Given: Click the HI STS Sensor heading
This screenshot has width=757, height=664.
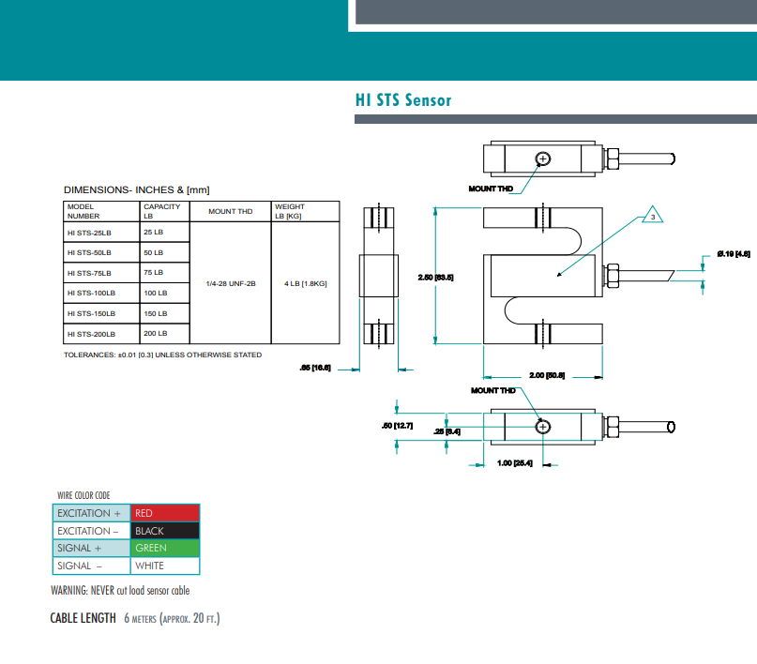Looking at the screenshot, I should [x=403, y=100].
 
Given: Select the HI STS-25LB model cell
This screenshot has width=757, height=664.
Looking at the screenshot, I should [x=89, y=232].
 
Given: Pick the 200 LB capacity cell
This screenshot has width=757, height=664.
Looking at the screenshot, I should [x=156, y=334].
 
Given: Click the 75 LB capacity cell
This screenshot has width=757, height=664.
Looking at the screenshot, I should [x=154, y=273].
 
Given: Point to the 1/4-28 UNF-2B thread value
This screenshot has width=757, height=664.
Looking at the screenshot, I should [x=230, y=283].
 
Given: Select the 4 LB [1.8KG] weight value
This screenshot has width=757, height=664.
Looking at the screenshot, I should [x=305, y=283].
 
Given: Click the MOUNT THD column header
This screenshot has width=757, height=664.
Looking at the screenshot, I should [x=230, y=212].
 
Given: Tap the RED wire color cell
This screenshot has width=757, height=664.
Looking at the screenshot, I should [x=164, y=513].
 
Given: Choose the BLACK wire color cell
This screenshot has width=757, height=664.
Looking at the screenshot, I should [x=164, y=531].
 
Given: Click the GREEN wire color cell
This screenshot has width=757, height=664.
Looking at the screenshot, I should [x=164, y=549].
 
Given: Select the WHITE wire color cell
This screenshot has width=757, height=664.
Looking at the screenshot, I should [x=164, y=566].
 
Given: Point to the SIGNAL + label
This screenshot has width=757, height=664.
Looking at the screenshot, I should [x=90, y=549].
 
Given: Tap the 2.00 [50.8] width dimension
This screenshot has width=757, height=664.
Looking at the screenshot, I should [x=547, y=375].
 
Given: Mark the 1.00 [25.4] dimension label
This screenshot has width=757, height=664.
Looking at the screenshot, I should [x=515, y=463].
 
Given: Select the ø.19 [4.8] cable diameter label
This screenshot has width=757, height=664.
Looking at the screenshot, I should [x=733, y=253].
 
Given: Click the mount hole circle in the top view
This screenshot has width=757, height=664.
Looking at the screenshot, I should [x=543, y=158].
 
